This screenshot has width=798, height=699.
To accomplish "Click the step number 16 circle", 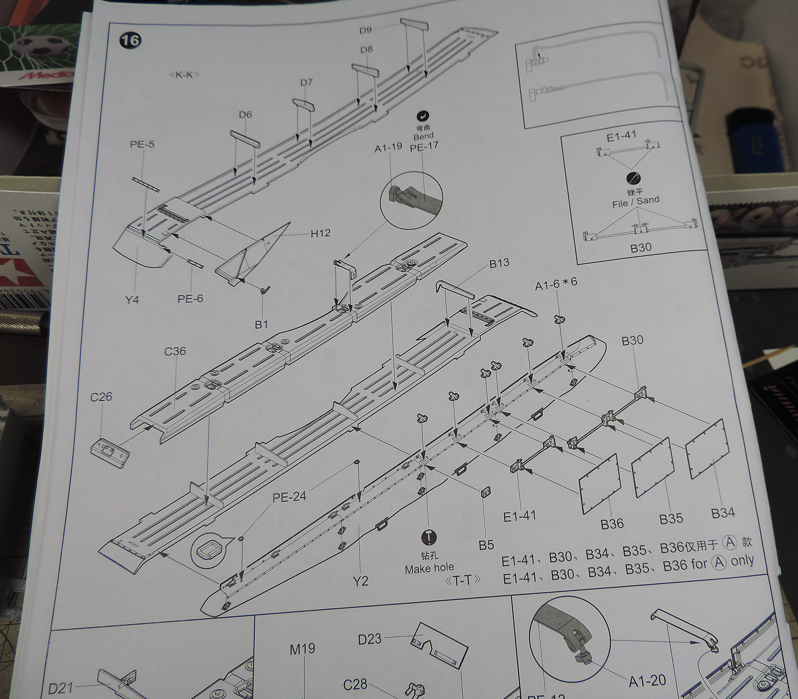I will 130,40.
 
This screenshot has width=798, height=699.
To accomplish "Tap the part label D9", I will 365,30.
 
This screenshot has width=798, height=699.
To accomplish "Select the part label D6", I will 245,114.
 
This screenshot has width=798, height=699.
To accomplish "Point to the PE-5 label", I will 142,144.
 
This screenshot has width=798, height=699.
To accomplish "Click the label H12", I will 320,233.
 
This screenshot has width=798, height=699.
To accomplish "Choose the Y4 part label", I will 132,300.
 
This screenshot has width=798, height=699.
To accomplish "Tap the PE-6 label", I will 190,299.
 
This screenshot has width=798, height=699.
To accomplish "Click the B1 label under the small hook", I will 261,324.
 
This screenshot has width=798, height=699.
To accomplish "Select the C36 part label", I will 175,351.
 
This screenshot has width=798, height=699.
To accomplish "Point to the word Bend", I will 423,137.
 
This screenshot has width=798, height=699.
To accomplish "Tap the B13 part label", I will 499,263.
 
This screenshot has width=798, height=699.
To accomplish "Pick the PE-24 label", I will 289,497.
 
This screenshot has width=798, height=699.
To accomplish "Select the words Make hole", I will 429,569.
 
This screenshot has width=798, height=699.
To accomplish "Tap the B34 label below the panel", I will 723,513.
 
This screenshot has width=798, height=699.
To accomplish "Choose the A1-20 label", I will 647,681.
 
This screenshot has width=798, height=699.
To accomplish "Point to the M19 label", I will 302,649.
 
